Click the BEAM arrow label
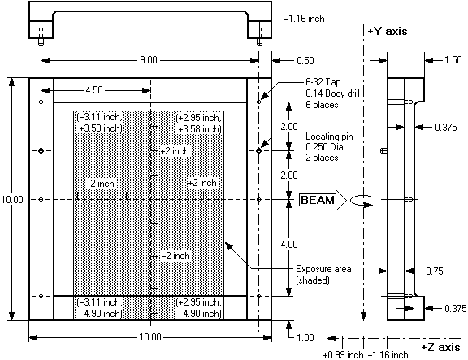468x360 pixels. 318,200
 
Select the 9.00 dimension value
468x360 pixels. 149,60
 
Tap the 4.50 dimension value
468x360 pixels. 94,90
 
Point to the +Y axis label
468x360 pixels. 387,31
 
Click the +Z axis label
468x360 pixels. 440,347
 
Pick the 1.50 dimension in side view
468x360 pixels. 453,60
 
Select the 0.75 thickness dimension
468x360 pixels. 435,271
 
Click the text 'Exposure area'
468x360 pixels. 323,269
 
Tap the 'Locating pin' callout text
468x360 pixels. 329,137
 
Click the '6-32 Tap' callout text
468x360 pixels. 323,82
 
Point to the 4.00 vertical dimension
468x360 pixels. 289,245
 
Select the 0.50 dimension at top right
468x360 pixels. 305,61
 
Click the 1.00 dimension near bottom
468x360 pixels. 305,337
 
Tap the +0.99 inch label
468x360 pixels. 343,355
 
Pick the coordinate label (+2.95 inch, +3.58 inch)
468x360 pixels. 199,123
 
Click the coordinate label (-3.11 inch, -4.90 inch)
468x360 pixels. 99,308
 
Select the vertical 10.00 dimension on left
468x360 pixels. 11,199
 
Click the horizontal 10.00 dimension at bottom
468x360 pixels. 150,337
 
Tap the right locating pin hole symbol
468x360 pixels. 258,151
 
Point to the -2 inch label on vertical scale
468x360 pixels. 175,256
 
